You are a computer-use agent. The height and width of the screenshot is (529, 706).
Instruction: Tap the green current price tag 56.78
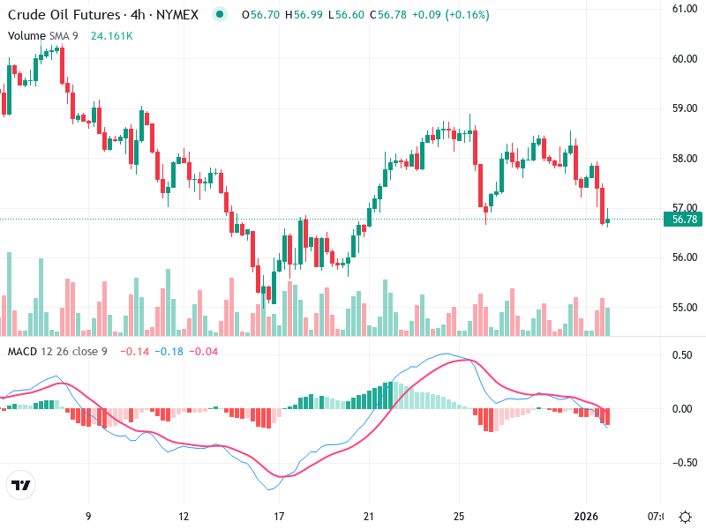click(x=684, y=220)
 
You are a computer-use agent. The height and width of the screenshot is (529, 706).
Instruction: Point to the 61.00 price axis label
click(x=685, y=9)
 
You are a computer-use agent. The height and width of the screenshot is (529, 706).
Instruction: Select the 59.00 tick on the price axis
click(x=685, y=108)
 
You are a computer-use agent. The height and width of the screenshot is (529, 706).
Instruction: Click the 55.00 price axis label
click(x=685, y=308)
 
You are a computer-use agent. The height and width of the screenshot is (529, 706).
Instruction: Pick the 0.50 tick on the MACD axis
click(x=681, y=354)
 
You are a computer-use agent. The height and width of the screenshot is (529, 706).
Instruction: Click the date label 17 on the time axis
click(x=279, y=516)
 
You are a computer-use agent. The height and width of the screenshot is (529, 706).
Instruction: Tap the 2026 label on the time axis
click(x=587, y=516)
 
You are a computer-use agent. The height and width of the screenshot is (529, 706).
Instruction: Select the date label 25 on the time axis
click(x=459, y=516)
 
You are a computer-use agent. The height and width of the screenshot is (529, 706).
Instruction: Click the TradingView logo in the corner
click(x=21, y=486)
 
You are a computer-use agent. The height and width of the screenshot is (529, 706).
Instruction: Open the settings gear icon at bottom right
click(x=685, y=516)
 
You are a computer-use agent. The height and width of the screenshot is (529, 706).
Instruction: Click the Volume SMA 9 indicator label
click(x=43, y=35)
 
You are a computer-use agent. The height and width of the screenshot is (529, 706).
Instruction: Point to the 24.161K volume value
click(x=112, y=35)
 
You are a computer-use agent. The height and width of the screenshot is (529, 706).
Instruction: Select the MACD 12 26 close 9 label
click(x=57, y=352)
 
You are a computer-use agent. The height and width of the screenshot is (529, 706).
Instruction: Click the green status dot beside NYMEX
click(x=220, y=14)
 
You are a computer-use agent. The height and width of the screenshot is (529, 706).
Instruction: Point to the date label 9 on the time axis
click(x=87, y=516)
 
